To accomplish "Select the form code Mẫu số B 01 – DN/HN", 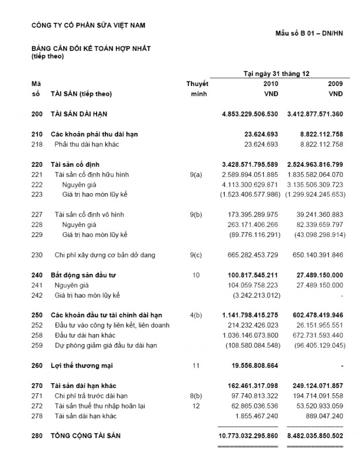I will (x=309, y=33).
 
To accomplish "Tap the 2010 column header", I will (x=270, y=84).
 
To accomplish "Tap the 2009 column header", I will (x=335, y=84).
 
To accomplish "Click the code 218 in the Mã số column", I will (x=36, y=144).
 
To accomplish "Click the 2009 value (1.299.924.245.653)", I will (x=315, y=194).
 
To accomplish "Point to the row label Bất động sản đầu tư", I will (x=80, y=275).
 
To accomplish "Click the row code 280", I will (x=36, y=436).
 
